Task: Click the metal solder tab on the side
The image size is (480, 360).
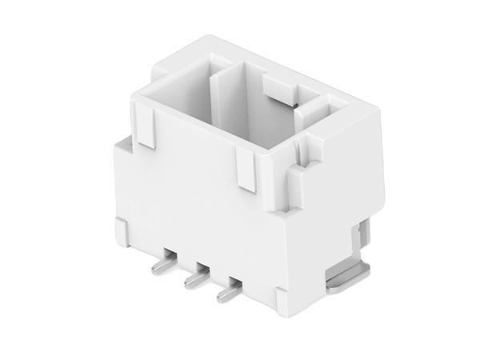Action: coord(349,277)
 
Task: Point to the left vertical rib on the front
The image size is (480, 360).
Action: coord(146,128)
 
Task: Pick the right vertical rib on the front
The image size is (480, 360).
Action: coord(246,171)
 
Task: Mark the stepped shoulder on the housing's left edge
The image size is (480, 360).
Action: coord(122,148)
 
